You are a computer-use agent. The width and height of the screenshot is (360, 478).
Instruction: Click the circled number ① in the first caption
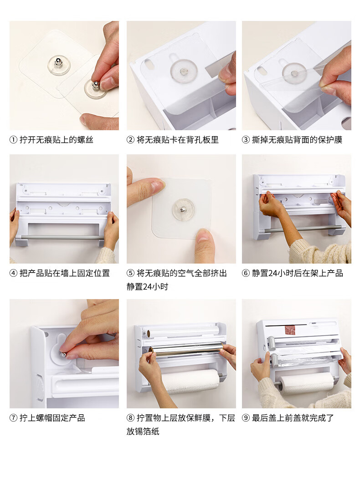[13, 140]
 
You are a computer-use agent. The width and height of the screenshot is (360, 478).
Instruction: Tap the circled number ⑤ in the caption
[130, 273]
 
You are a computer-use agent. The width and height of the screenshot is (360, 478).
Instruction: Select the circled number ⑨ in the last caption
[246, 418]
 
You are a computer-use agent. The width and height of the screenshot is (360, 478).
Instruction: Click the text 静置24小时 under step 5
[147, 286]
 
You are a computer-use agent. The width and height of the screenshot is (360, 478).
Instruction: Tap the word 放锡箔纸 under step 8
[143, 432]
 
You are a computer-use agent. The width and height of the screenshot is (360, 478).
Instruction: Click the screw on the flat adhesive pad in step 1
[58, 63]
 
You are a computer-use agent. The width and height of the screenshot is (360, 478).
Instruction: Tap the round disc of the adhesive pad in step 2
[184, 71]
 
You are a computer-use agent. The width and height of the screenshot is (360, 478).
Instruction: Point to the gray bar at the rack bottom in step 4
[62, 237]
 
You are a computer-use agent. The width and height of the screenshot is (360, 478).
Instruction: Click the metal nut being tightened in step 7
[63, 355]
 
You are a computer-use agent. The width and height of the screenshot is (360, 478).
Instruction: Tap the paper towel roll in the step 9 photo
[306, 384]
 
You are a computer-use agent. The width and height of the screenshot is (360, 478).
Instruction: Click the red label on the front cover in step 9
[289, 331]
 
